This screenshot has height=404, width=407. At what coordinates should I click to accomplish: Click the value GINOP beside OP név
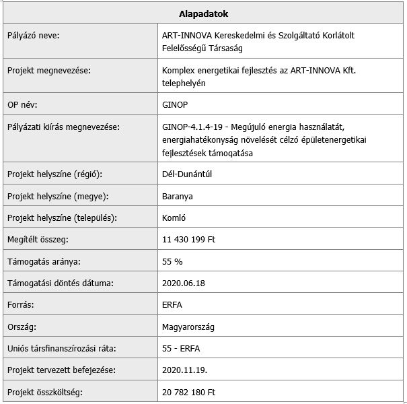[x=176, y=105]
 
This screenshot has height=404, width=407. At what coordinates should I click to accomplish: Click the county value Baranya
[x=178, y=196]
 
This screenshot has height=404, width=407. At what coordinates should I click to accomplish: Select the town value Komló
[x=174, y=217]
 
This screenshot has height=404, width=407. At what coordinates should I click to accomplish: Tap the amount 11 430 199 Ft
[x=188, y=239]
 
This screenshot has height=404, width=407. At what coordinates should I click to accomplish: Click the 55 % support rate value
[x=172, y=261]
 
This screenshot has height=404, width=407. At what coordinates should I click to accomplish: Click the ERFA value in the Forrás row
[x=173, y=304]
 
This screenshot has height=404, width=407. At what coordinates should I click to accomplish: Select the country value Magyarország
[x=188, y=327]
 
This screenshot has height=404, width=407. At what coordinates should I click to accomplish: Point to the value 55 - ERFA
[x=181, y=348]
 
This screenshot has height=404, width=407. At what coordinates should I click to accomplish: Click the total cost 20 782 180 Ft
[x=189, y=392]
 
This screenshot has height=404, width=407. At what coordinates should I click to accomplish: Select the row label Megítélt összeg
[x=38, y=239]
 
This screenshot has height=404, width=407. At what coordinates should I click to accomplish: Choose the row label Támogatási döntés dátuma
[x=60, y=283]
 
